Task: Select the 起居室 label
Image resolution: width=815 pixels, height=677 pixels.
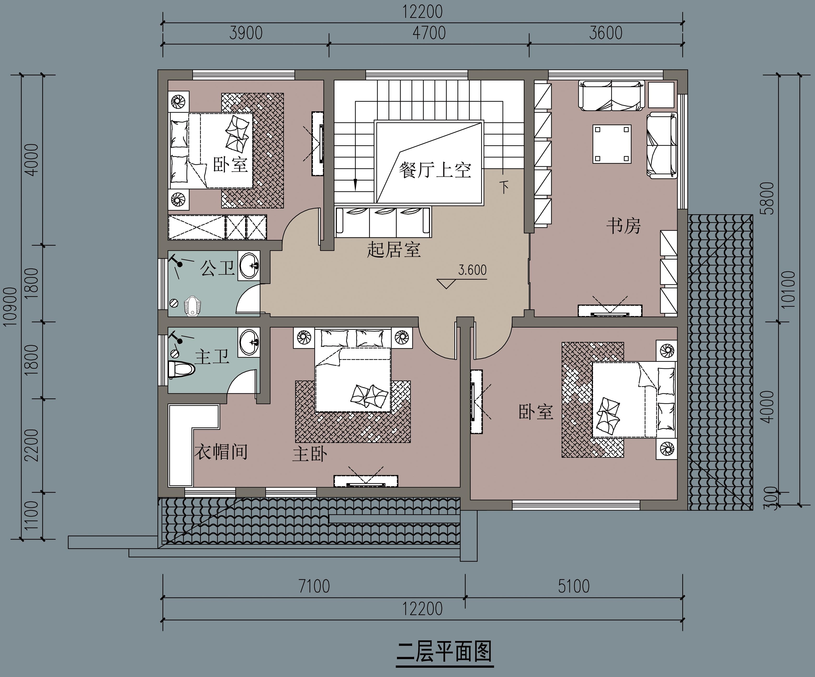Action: (394, 250)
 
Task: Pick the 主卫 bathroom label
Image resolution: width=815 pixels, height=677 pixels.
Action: (212, 356)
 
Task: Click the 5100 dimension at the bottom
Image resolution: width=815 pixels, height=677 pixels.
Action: (574, 586)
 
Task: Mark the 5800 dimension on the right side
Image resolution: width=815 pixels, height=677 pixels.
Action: (768, 198)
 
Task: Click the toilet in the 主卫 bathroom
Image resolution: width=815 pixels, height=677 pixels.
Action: (181, 369)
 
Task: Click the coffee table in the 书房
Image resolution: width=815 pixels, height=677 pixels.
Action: (612, 144)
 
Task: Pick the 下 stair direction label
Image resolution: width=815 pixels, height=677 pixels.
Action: (504, 187)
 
